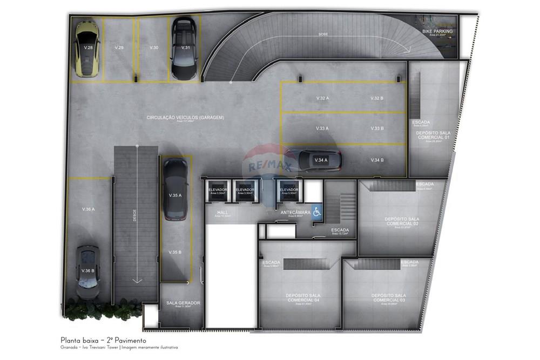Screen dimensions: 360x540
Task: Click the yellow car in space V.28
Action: coord(87,50)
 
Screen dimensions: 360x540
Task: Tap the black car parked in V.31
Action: coord(184,49)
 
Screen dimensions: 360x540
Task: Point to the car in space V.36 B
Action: coord(87,271)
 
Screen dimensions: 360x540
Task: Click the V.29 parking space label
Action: coord(119,48)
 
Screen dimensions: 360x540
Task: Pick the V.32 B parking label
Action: coord(377,98)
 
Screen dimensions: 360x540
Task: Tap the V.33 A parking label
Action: coord(322,128)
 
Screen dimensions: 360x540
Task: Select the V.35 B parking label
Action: coord(174,252)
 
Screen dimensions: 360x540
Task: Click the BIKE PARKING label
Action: coord(437,32)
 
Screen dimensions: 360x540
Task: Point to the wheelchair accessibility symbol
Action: coord(317,212)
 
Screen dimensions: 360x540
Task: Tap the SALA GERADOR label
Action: coord(183,303)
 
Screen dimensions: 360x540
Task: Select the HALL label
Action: coord(222,213)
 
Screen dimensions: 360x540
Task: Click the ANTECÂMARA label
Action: coord(295,213)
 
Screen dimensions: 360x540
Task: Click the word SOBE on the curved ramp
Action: coord(323,34)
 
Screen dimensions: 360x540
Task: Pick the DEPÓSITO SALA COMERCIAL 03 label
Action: coord(389,297)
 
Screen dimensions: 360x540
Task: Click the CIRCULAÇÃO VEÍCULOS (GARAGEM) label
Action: coord(185,117)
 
